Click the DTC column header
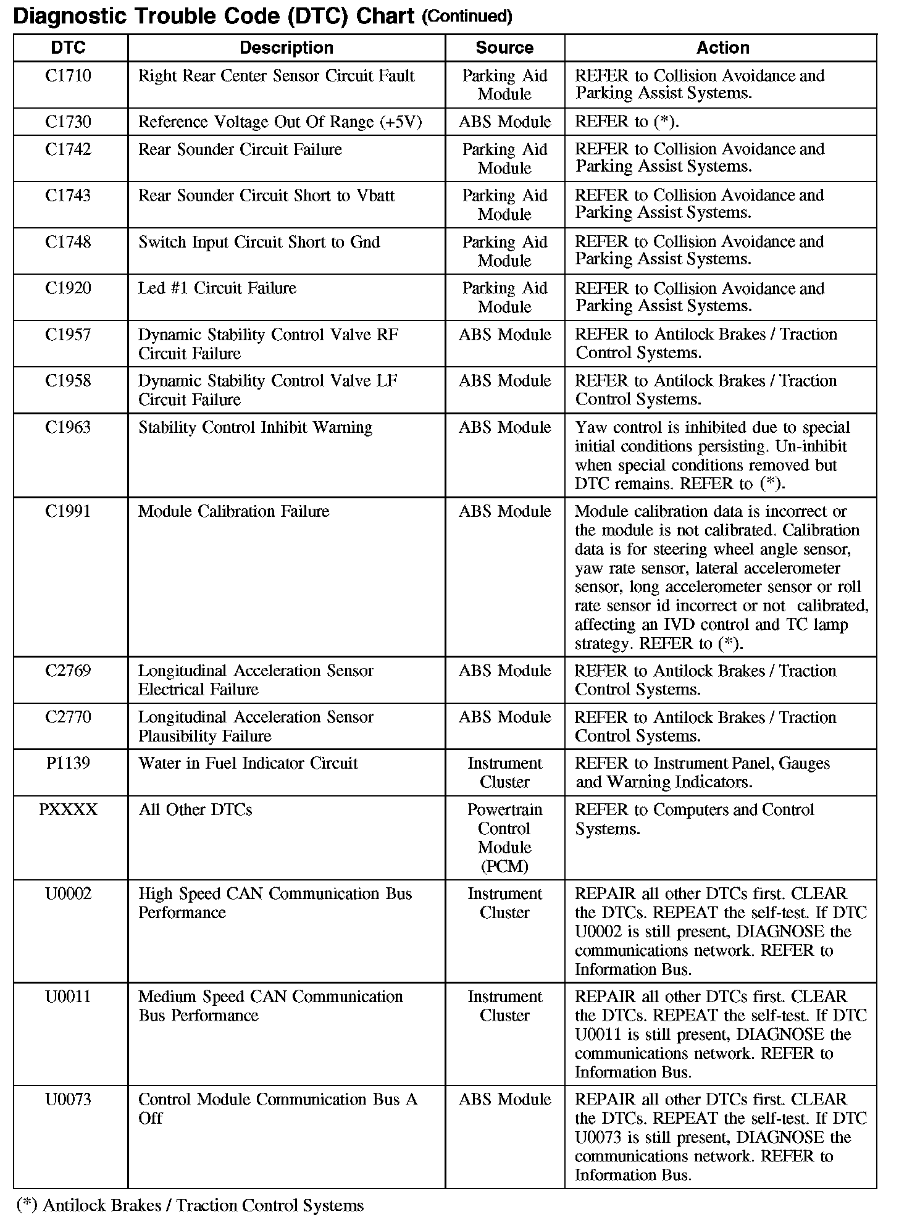(68, 48)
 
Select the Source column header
(504, 48)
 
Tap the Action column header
(722, 48)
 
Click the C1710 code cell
(68, 76)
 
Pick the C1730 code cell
(68, 122)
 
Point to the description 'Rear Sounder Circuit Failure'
(240, 149)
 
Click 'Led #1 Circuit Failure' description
(217, 288)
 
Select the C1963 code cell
(68, 427)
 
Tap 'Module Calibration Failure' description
(233, 511)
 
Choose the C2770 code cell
(68, 717)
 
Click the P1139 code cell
(68, 763)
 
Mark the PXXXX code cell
(68, 809)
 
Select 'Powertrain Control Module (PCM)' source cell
(504, 838)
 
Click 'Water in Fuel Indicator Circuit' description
(248, 763)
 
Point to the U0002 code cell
(68, 893)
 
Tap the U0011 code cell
(68, 997)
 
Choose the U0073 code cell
(68, 1100)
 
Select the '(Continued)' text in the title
(467, 17)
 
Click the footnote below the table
(191, 1205)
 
